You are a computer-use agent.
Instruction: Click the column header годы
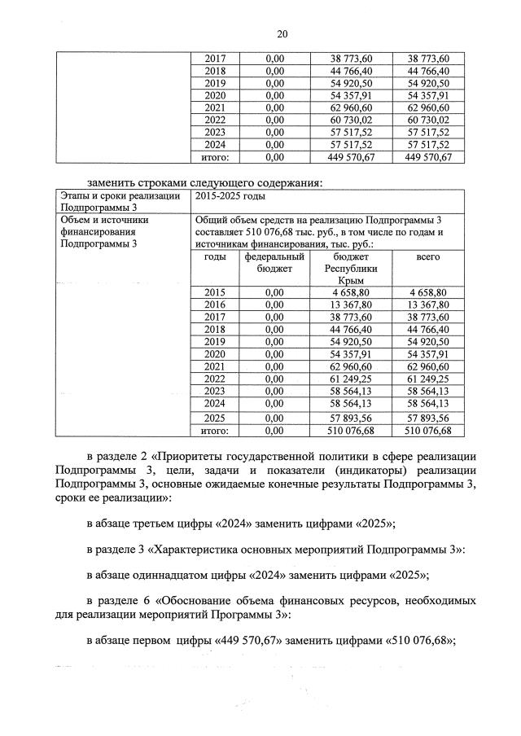click(x=216, y=256)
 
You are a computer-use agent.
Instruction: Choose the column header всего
click(x=427, y=256)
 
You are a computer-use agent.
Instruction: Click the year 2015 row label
click(x=216, y=292)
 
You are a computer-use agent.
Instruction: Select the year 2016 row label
click(x=216, y=305)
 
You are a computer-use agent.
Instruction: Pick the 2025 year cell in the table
click(x=216, y=417)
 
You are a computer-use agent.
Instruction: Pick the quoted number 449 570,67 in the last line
click(x=247, y=640)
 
